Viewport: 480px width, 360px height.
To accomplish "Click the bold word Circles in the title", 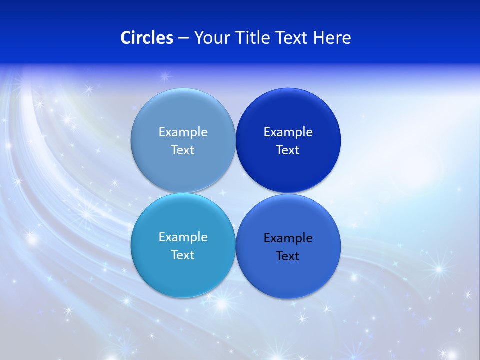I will click(147, 38).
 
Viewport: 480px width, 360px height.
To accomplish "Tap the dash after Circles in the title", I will click(183, 38).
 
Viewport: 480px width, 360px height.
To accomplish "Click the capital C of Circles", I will click(126, 38).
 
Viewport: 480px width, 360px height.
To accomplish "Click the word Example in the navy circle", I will click(288, 132).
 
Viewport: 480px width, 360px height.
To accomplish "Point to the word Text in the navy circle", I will click(288, 150).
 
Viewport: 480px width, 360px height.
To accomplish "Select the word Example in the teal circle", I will click(183, 237).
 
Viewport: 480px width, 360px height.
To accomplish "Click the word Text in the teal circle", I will click(183, 255).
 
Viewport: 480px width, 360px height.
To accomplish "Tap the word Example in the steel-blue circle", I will click(183, 132).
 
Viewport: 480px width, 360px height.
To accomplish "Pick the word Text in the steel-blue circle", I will click(183, 150).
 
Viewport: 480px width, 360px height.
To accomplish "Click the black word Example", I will click(288, 238).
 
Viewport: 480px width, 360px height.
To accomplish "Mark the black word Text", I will click(288, 256).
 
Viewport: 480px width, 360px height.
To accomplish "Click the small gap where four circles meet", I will click(235, 193).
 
